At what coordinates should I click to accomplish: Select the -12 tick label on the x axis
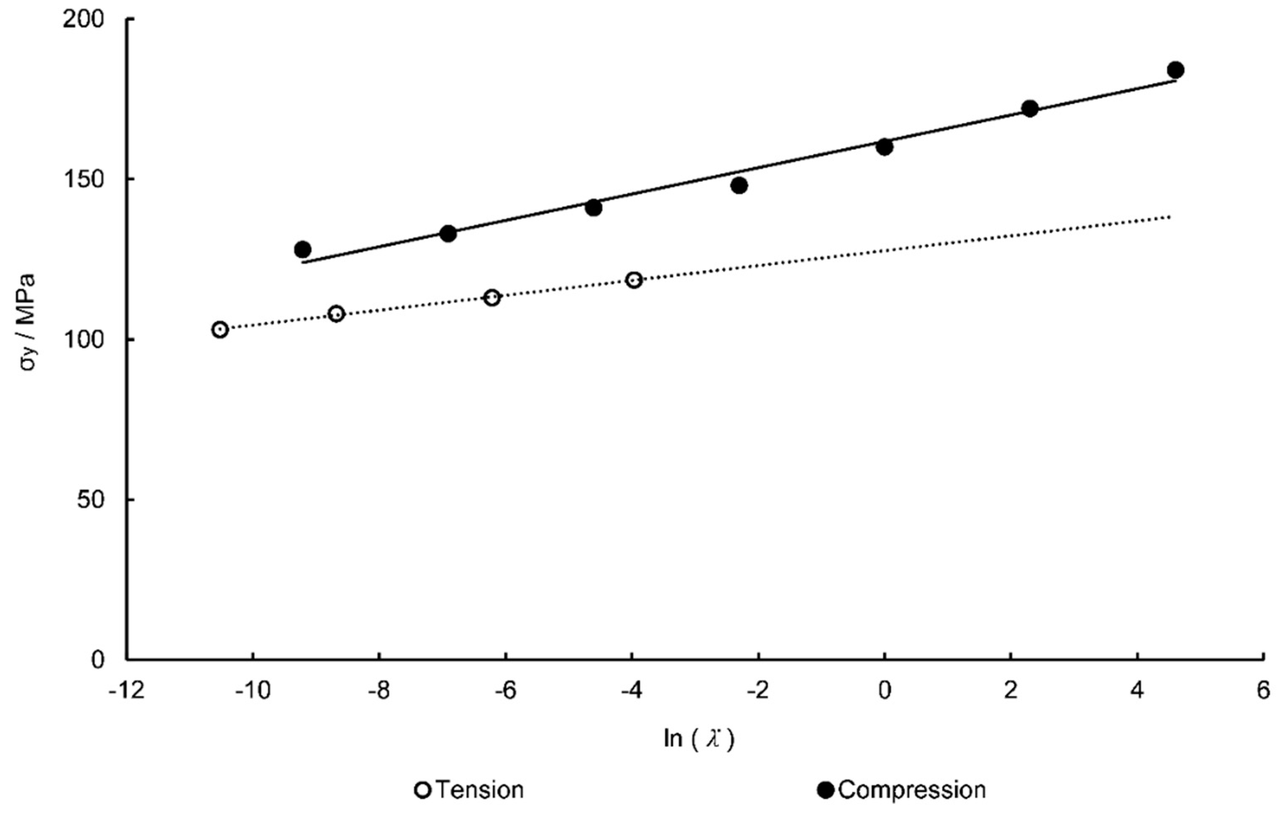point(126,691)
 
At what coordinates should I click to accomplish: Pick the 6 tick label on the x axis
point(1263,691)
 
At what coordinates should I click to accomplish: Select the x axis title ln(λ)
point(698,739)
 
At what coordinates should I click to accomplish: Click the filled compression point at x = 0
point(884,147)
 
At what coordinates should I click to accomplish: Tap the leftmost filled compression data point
point(303,249)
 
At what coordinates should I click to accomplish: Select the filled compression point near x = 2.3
point(1030,109)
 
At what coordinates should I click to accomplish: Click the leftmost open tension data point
point(220,330)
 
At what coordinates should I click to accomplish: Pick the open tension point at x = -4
point(634,280)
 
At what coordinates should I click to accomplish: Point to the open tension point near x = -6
point(492,297)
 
